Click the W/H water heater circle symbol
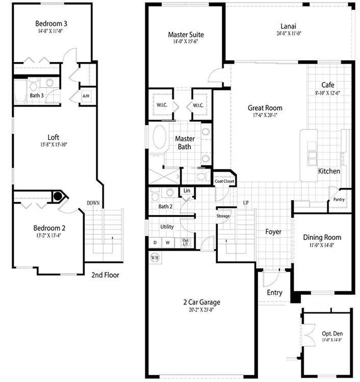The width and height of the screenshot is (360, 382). pos(155,258)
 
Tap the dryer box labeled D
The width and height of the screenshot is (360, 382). pos(155,242)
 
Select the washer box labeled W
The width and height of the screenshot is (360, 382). pos(168,242)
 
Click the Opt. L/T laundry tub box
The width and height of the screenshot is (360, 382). pos(186,242)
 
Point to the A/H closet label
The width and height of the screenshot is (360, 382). pos(86,96)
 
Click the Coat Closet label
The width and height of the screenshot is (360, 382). pos(224,181)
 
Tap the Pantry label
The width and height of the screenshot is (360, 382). pos(339,200)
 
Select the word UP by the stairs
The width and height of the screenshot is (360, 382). pos(246,203)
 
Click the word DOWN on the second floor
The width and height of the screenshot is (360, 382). pos(93,203)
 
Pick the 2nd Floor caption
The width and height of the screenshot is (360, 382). pos(105,275)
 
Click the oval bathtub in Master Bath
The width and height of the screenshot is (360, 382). pos(160,137)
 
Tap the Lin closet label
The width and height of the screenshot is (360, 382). pos(187,190)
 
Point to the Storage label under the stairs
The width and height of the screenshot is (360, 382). pos(223,216)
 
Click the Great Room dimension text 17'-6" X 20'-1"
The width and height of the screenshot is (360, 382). pos(265,115)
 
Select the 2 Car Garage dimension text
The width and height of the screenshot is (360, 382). pos(202,310)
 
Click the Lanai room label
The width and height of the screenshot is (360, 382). pos(288,26)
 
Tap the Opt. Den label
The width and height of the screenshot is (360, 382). pos(332,334)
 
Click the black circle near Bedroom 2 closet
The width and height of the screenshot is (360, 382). pos(58,196)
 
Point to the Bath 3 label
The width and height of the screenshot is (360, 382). pos(37,96)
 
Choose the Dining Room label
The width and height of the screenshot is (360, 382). pos(322,237)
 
